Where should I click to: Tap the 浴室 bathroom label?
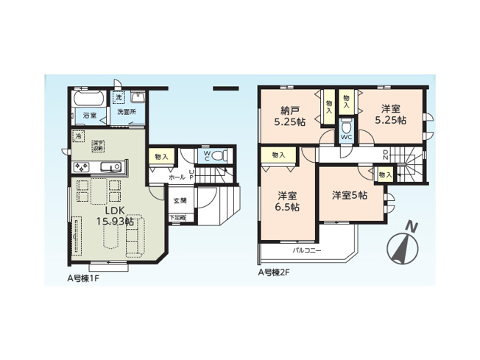[x=88, y=116]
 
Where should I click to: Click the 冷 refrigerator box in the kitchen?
[x=78, y=135]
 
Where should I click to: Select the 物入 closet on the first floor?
[x=162, y=156]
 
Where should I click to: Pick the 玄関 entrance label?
[x=180, y=200]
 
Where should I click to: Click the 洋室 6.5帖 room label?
[x=287, y=201]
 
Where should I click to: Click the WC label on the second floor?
[x=346, y=136]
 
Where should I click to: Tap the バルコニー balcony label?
[x=307, y=250]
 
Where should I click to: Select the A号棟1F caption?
[x=85, y=280]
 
